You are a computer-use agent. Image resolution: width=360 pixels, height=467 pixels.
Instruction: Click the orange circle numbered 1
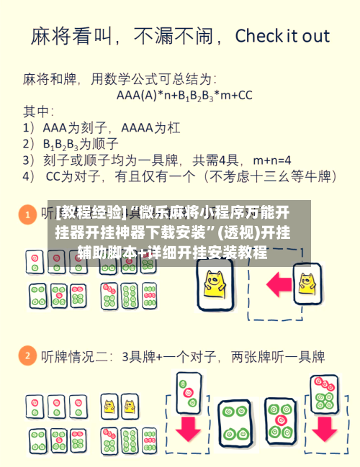point(27,214)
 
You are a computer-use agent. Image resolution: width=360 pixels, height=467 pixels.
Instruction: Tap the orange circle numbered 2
point(27,356)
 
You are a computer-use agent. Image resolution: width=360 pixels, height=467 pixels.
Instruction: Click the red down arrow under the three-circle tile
point(189,430)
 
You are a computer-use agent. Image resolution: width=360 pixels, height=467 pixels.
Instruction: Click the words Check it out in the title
point(282,37)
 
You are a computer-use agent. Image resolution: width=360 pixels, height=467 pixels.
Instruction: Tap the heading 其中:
point(39,111)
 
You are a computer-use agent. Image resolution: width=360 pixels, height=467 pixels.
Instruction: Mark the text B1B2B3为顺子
point(80,143)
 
